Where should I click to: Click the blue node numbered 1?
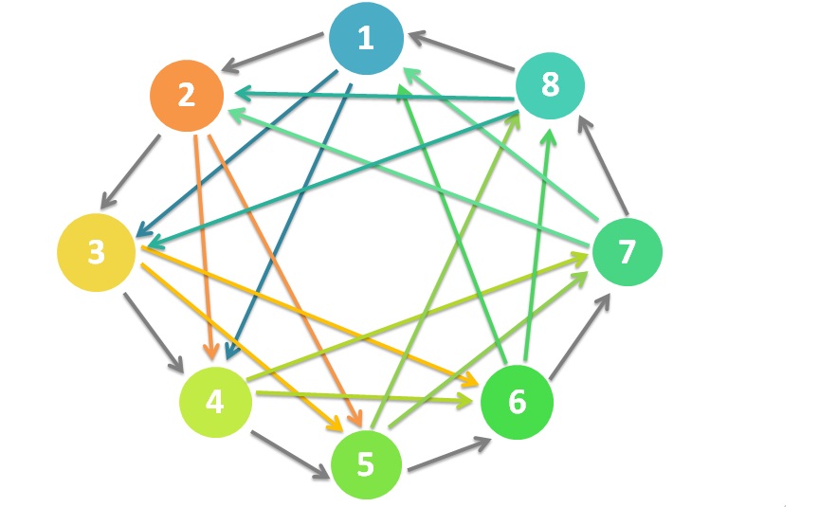coord(365,39)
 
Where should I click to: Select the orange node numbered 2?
coord(186,96)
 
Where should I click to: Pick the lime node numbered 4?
coord(216,403)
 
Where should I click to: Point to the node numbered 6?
coord(517,402)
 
